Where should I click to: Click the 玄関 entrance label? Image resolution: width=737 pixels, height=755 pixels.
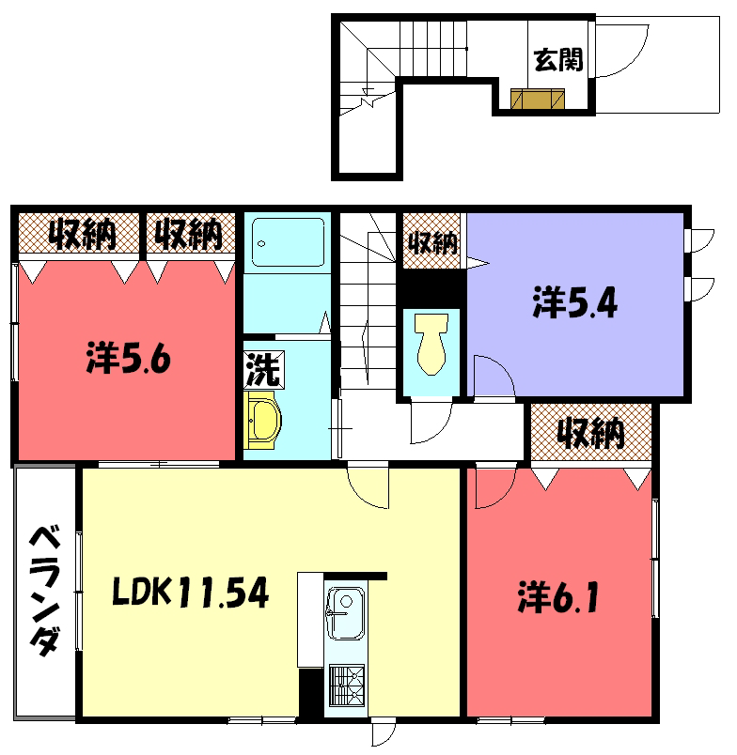[x=558, y=60]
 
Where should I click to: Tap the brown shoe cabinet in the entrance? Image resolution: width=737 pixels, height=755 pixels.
[x=538, y=99]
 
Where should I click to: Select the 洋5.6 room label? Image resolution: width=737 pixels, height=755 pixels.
[x=128, y=358]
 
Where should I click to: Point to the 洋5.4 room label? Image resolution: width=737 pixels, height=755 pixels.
[x=574, y=303]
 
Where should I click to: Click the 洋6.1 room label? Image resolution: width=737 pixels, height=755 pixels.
[x=558, y=597]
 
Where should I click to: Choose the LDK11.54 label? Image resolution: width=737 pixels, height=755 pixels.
[x=191, y=593]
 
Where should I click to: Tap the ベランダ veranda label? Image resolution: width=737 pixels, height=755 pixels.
[x=45, y=592]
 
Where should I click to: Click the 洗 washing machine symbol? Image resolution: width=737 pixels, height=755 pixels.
[x=263, y=370]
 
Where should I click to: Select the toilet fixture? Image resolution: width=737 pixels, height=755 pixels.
[x=431, y=344]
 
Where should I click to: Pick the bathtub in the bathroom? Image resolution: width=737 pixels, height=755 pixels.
[x=288, y=242]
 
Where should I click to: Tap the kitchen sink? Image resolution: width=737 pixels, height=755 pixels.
[x=345, y=613]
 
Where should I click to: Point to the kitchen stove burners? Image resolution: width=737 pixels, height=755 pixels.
[x=347, y=686]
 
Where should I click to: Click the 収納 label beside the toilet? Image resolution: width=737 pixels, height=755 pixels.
[x=432, y=241]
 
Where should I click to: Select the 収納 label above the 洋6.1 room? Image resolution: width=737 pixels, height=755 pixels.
[x=591, y=433]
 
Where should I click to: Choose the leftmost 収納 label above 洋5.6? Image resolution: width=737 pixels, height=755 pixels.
[x=82, y=234]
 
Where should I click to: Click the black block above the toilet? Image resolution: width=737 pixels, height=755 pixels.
[x=431, y=288]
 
